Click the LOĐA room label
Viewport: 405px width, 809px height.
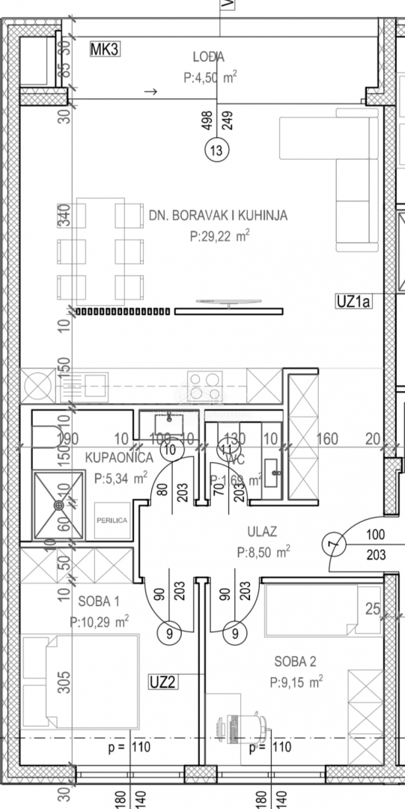(x=209, y=55)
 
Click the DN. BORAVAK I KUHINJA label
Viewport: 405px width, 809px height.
(x=218, y=216)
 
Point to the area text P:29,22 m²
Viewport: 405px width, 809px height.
(x=219, y=236)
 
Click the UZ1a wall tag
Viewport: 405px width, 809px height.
(x=354, y=302)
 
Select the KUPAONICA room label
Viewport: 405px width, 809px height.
(x=119, y=457)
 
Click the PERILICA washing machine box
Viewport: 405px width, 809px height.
(x=110, y=519)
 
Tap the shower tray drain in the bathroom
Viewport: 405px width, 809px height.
(x=58, y=505)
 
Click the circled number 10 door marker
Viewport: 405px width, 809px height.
(x=171, y=449)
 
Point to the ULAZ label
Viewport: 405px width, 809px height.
(x=262, y=532)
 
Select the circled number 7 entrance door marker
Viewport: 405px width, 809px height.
(x=334, y=545)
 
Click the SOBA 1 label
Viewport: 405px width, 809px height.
(x=98, y=601)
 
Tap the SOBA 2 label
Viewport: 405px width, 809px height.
(x=295, y=661)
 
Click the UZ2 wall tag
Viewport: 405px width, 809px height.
(x=162, y=682)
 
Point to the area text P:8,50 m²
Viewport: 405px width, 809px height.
(x=264, y=552)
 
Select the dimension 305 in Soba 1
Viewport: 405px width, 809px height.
(x=64, y=680)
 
